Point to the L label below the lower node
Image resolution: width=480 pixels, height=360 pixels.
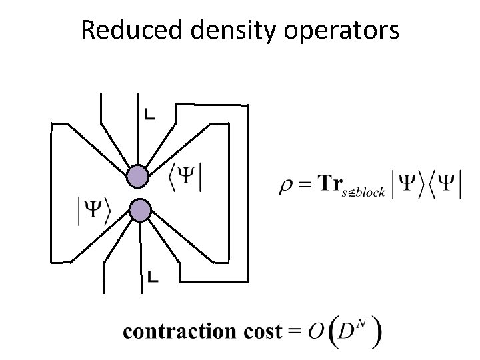(x=152, y=275)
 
